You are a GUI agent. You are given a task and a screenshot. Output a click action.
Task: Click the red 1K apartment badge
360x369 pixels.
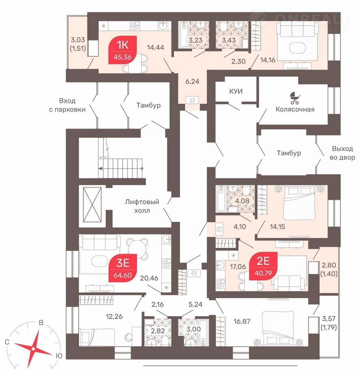pyautogui.click(x=122, y=50)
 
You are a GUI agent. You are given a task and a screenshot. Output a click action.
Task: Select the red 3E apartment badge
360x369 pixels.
pyautogui.click(x=122, y=268)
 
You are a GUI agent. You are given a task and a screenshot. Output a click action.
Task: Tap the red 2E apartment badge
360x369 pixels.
pyautogui.click(x=263, y=266)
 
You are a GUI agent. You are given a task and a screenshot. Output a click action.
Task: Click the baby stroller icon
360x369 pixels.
pyautogui.click(x=295, y=98)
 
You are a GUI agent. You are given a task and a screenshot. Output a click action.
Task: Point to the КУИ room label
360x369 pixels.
pyautogui.click(x=236, y=91)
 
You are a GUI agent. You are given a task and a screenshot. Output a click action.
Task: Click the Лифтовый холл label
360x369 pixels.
pyautogui.click(x=142, y=206)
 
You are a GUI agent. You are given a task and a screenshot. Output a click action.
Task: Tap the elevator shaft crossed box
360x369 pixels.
pyautogui.click(x=92, y=204)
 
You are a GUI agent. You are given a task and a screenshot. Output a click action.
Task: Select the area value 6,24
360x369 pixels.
pyautogui.click(x=192, y=82)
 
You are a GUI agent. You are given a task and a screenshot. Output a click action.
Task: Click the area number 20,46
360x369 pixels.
pyautogui.click(x=149, y=278)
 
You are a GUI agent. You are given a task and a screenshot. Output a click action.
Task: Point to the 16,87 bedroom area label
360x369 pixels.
pyautogui.click(x=242, y=321)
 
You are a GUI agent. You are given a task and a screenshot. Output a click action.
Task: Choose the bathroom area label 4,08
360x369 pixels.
pyautogui.click(x=242, y=201)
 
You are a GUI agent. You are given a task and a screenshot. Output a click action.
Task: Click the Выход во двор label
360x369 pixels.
pyautogui.click(x=342, y=153)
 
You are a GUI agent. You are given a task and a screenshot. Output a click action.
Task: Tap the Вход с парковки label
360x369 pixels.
pyautogui.click(x=67, y=105)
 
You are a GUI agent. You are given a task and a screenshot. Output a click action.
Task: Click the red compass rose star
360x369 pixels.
pyautogui.click(x=33, y=349)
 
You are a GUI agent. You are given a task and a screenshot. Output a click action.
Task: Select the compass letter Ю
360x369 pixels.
pyautogui.click(x=59, y=356)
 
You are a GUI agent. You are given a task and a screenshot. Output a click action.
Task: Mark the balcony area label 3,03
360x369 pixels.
pyautogui.click(x=78, y=40)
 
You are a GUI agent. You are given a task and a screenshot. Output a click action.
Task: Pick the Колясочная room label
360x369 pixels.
pyautogui.click(x=295, y=109)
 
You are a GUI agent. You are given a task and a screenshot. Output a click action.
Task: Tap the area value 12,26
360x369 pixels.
pyautogui.click(x=114, y=316)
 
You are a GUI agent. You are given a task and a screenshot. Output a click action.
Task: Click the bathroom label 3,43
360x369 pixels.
pyautogui.click(x=229, y=40)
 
